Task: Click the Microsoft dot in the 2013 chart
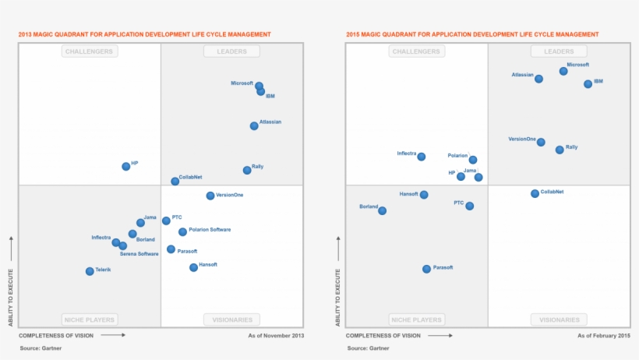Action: pos(259,86)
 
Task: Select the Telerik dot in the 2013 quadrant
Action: pos(90,271)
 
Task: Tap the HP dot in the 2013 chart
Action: pos(126,166)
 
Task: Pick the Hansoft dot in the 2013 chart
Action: pos(193,267)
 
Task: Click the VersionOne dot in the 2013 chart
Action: pos(210,196)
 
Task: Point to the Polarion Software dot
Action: pos(182,231)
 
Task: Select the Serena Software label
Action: pos(139,254)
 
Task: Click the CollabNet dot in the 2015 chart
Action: pos(535,193)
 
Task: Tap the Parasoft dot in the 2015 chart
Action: pos(426,269)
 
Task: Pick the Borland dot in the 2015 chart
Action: pos(382,210)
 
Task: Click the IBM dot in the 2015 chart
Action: pos(588,83)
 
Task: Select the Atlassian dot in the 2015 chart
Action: pos(538,79)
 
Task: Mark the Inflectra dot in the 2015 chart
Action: pos(422,157)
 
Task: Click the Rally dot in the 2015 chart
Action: pos(560,150)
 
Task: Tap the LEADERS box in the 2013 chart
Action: pos(231,51)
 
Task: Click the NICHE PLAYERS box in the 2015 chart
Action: pos(416,319)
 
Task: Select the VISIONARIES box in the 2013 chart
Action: pos(231,319)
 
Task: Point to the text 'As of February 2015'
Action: pos(604,336)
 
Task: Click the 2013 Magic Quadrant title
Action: pos(145,34)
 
